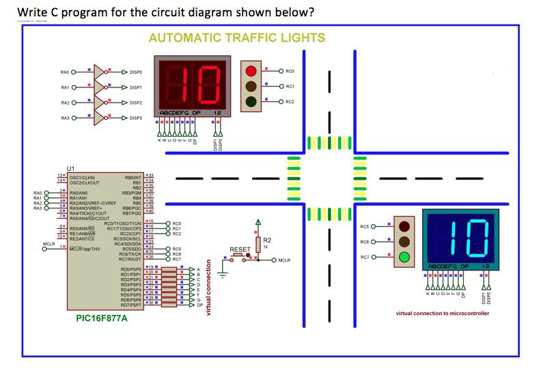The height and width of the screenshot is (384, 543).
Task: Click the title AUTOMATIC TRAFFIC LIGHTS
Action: [236, 38]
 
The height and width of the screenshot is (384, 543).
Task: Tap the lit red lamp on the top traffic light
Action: [251, 70]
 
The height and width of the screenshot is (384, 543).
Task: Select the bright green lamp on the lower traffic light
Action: [404, 258]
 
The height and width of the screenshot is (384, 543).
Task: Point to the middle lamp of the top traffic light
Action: [251, 87]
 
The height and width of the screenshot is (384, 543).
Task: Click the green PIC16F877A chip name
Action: [100, 318]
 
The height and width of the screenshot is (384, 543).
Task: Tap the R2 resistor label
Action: [267, 240]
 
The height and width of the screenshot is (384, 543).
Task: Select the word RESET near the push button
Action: [240, 250]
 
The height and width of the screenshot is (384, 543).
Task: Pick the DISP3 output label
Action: [135, 118]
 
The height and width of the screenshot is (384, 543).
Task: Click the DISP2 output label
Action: [135, 102]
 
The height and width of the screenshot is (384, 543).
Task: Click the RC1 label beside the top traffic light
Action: [290, 87]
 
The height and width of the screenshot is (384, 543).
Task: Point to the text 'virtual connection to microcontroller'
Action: [443, 313]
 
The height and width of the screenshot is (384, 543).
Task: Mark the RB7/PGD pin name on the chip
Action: [131, 214]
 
